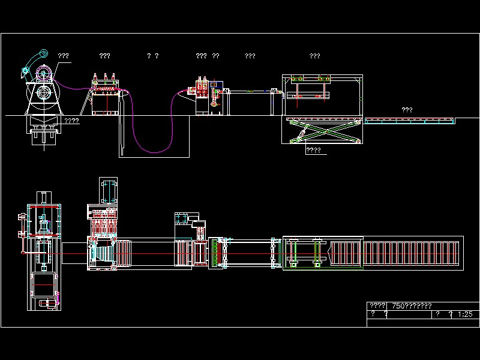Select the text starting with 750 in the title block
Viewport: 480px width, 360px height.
410,306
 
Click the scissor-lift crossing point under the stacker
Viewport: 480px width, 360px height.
324,131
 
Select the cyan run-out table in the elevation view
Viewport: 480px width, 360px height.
410,121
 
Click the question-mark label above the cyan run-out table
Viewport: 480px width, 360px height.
406,110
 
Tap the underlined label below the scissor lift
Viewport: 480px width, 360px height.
314,150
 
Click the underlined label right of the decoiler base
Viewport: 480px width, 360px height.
71,121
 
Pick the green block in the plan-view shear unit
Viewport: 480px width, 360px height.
215,253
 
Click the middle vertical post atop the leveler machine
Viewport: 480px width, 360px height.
106,77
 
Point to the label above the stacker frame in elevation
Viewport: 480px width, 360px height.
314,56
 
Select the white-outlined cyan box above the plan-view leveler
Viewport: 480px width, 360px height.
110,190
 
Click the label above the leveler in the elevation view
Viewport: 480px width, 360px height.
104,56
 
